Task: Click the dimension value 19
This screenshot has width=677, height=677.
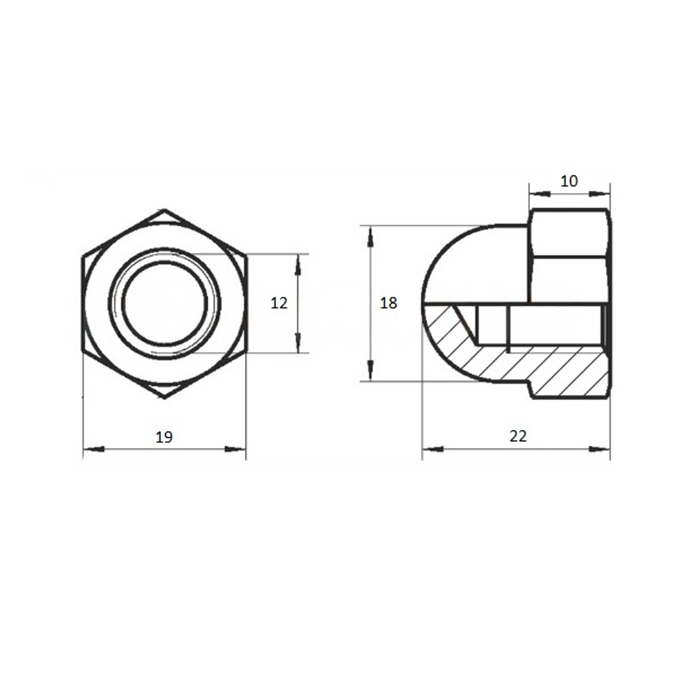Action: click(164, 437)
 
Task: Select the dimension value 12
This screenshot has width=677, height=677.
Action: click(279, 303)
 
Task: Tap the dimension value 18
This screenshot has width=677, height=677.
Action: click(388, 303)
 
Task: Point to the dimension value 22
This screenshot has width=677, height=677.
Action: click(518, 436)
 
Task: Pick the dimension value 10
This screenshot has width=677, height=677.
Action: click(569, 181)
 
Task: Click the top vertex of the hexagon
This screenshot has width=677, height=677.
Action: click(165, 211)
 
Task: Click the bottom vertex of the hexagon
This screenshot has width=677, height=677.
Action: click(165, 397)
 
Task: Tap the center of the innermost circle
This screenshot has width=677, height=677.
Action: click(165, 303)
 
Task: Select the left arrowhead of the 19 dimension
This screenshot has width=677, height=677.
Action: click(93, 449)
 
